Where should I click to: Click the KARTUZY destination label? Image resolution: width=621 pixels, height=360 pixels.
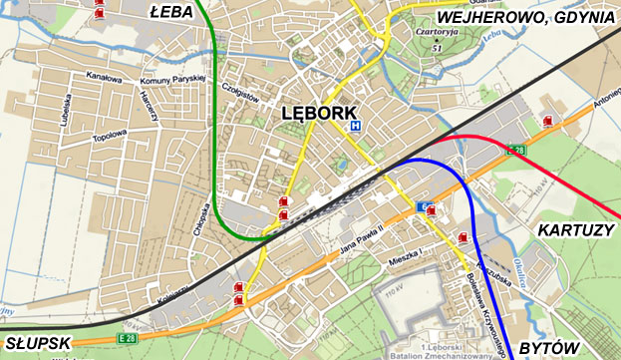pos(575,230)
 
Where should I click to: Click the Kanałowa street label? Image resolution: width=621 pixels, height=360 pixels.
pos(104,77)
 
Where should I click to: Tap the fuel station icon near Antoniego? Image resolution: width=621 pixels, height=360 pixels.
pos(547,121)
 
